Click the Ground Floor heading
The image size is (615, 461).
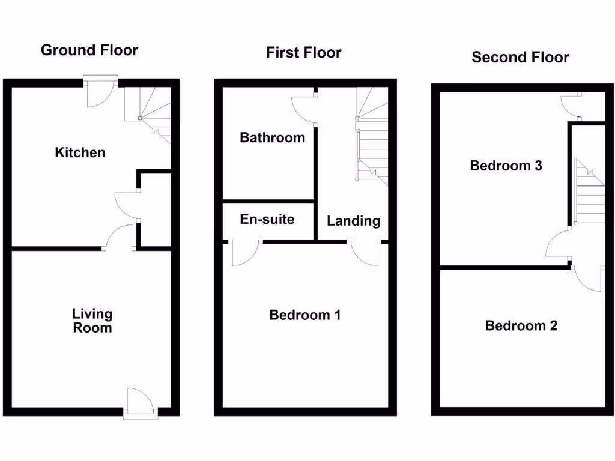pos(89,50)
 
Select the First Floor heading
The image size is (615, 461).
pos(304,53)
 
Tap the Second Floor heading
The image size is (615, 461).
pos(520,58)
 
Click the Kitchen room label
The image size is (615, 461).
pos(80,152)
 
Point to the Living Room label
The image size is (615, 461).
pos(92,321)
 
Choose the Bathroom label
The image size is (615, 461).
pos(272,137)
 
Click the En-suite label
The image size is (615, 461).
pos(267,219)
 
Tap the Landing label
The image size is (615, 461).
pos(353,221)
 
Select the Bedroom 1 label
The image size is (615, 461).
pos(305,315)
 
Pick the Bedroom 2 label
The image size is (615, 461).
pos(521,325)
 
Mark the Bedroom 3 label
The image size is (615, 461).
pos(506,166)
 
